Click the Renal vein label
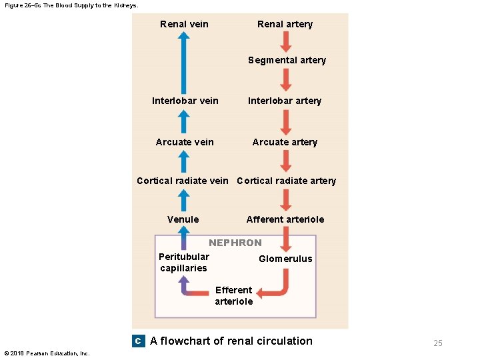pos(184,24)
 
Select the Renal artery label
pos(285,24)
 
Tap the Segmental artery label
pos(287,60)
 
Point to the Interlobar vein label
pos(185,101)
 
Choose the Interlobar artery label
pos(285,101)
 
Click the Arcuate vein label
pos(185,141)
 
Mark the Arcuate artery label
pos(285,141)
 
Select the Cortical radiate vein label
pos(182,181)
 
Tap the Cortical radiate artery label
pos(286,181)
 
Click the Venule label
pos(183,219)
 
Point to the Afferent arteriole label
pos(285,219)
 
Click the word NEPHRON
pos(235,243)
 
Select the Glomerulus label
pos(285,259)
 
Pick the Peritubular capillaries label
pos(183,262)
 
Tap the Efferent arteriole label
pos(233,295)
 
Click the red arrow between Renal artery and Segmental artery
pos(285,41)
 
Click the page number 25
pos(437,343)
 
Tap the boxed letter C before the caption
pos(137,341)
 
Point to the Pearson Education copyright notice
pos(47,353)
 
